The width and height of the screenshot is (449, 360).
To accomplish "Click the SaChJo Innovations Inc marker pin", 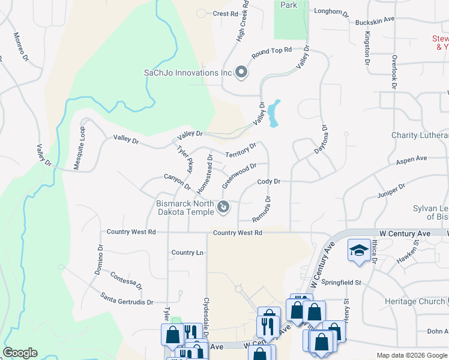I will click(x=241, y=73).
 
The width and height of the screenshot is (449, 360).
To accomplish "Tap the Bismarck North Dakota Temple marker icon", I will click(x=223, y=208).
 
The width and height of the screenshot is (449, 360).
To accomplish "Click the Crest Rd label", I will click(x=225, y=13).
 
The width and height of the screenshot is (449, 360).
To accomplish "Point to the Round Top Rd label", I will click(x=271, y=53).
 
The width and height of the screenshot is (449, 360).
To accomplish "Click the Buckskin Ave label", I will click(x=375, y=20).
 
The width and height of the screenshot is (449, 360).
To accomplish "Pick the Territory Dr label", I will click(x=241, y=150).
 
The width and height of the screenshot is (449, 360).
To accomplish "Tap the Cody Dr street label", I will click(x=268, y=181).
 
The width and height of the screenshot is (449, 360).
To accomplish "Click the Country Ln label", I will click(x=187, y=253).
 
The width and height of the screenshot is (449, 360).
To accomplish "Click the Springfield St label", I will click(x=339, y=282).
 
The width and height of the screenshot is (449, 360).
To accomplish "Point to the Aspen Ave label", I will click(x=411, y=160).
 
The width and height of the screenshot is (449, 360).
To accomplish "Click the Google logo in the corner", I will click(x=20, y=353).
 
